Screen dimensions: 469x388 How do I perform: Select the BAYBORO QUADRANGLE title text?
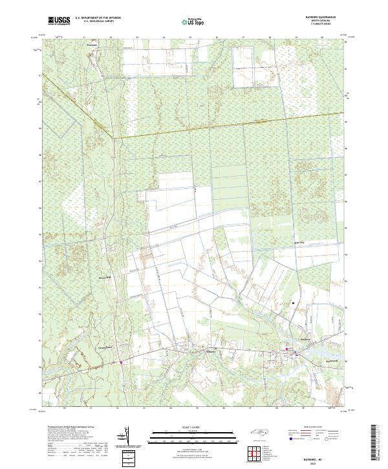click(316, 17)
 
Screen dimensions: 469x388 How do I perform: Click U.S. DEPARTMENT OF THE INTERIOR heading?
click(98, 18)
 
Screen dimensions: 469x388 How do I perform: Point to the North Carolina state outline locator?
click(261, 434)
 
